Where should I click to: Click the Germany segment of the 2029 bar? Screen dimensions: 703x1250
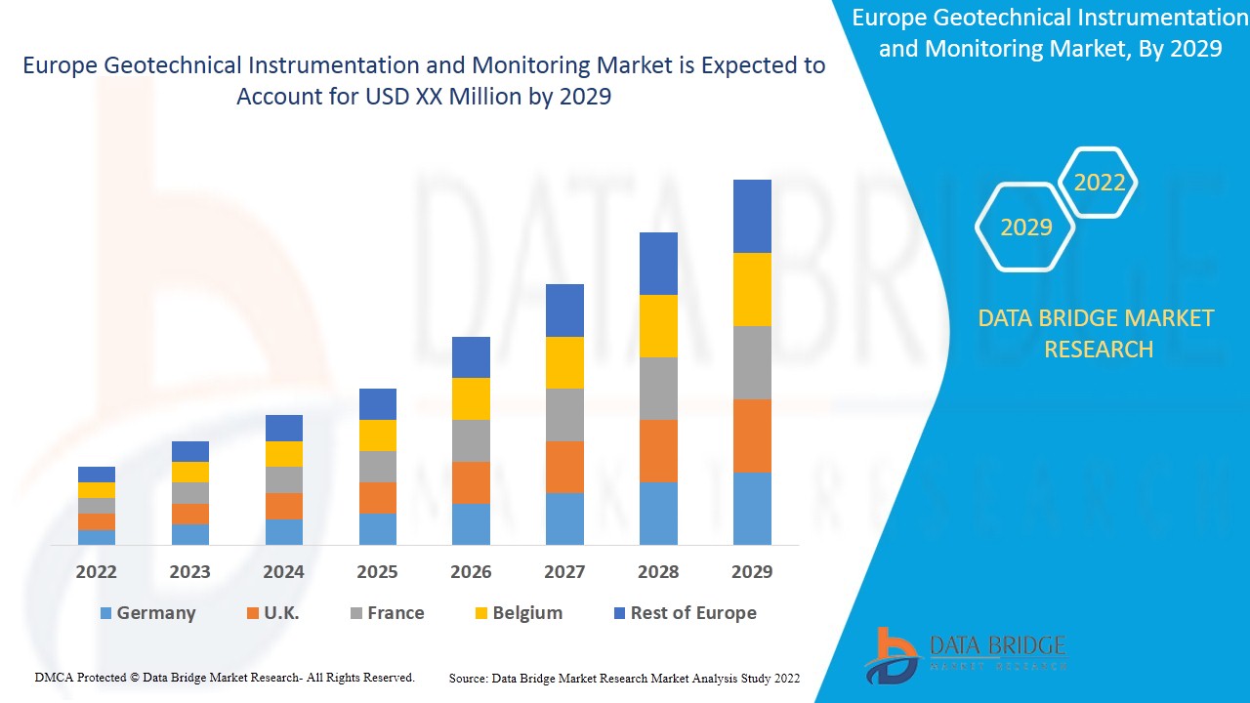(x=752, y=509)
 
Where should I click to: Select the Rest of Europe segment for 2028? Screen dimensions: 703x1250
(x=658, y=264)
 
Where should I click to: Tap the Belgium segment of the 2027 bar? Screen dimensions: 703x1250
(x=564, y=362)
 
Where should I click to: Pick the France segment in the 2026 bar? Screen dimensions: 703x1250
(x=471, y=440)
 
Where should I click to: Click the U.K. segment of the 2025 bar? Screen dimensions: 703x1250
(x=377, y=498)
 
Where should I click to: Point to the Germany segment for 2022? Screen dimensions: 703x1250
(x=97, y=537)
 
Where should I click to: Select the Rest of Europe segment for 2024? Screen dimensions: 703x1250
(x=284, y=428)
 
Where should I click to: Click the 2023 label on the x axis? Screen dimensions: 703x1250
(x=189, y=572)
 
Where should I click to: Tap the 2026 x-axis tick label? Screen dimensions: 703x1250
(x=471, y=572)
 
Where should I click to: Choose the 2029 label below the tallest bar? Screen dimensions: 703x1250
(x=752, y=572)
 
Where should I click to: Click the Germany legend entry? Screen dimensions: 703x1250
(x=147, y=613)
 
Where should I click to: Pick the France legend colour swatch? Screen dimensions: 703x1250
(x=356, y=613)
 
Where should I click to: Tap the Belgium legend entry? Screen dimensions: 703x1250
(x=519, y=613)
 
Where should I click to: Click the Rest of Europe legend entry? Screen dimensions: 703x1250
(x=685, y=613)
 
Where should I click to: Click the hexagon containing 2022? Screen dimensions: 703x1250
(x=1100, y=183)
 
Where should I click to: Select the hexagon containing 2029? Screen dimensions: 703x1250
(x=1025, y=227)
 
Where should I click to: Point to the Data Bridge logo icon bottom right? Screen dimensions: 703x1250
(x=890, y=655)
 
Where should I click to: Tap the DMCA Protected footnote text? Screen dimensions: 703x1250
(x=225, y=677)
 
